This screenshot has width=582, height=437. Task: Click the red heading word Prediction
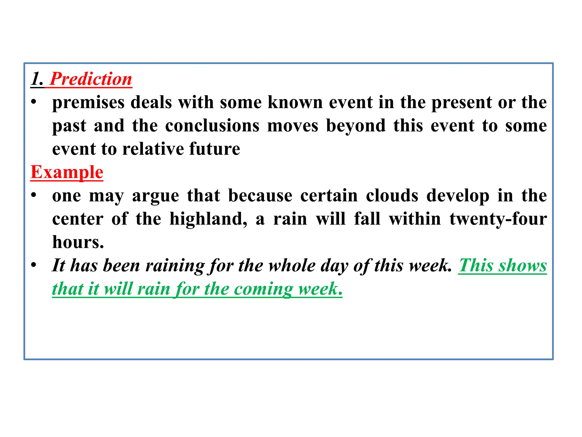pos(91,79)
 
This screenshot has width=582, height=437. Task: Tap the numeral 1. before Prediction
pos(37,79)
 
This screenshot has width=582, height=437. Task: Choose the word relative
pos(153,149)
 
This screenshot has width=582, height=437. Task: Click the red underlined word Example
pos(67,172)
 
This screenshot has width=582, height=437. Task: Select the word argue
pos(155,196)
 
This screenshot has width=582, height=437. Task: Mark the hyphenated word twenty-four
pos(498,219)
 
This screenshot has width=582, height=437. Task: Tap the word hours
pos(78,242)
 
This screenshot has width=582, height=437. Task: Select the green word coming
pos(263,289)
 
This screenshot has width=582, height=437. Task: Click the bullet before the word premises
pos(34,102)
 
